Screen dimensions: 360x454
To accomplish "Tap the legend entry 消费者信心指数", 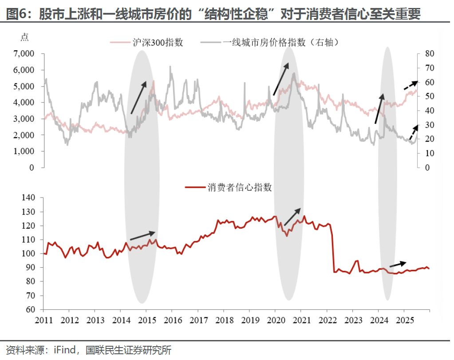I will click(239, 187).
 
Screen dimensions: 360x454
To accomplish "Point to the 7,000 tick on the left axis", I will click(24, 54).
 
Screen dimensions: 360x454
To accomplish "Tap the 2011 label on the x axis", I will click(43, 320).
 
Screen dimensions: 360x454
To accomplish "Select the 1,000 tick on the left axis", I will click(24, 151).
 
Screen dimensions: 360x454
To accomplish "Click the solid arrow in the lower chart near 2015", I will click(143, 236).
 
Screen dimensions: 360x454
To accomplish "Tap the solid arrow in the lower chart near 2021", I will click(292, 217).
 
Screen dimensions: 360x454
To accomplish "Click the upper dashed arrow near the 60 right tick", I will click(411, 85).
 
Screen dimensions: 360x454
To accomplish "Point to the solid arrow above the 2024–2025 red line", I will click(398, 264).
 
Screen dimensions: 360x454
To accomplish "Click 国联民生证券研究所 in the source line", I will click(128, 350).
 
